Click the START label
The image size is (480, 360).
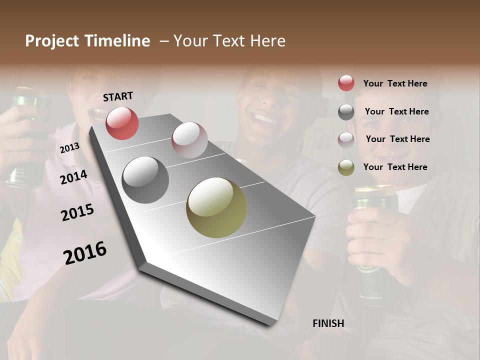click(118, 96)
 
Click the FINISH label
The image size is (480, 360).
click(328, 323)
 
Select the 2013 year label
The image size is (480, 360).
click(69, 147)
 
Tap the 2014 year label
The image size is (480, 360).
click(73, 177)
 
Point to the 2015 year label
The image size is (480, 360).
click(77, 212)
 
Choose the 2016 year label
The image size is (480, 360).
click(85, 252)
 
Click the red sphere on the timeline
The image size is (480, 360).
click(122, 123)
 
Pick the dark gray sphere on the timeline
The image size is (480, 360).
click(145, 179)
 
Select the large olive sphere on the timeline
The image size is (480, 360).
click(216, 207)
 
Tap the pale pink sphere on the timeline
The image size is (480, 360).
click(189, 139)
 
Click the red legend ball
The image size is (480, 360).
click(346, 83)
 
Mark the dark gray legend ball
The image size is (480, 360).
click(346, 111)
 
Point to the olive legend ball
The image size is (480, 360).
click(346, 167)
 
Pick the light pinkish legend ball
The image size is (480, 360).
click(346, 139)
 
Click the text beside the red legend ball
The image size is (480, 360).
click(395, 83)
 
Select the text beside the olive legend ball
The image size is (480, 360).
click(395, 167)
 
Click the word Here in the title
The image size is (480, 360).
click(268, 41)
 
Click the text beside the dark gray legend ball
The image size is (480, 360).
click(396, 111)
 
